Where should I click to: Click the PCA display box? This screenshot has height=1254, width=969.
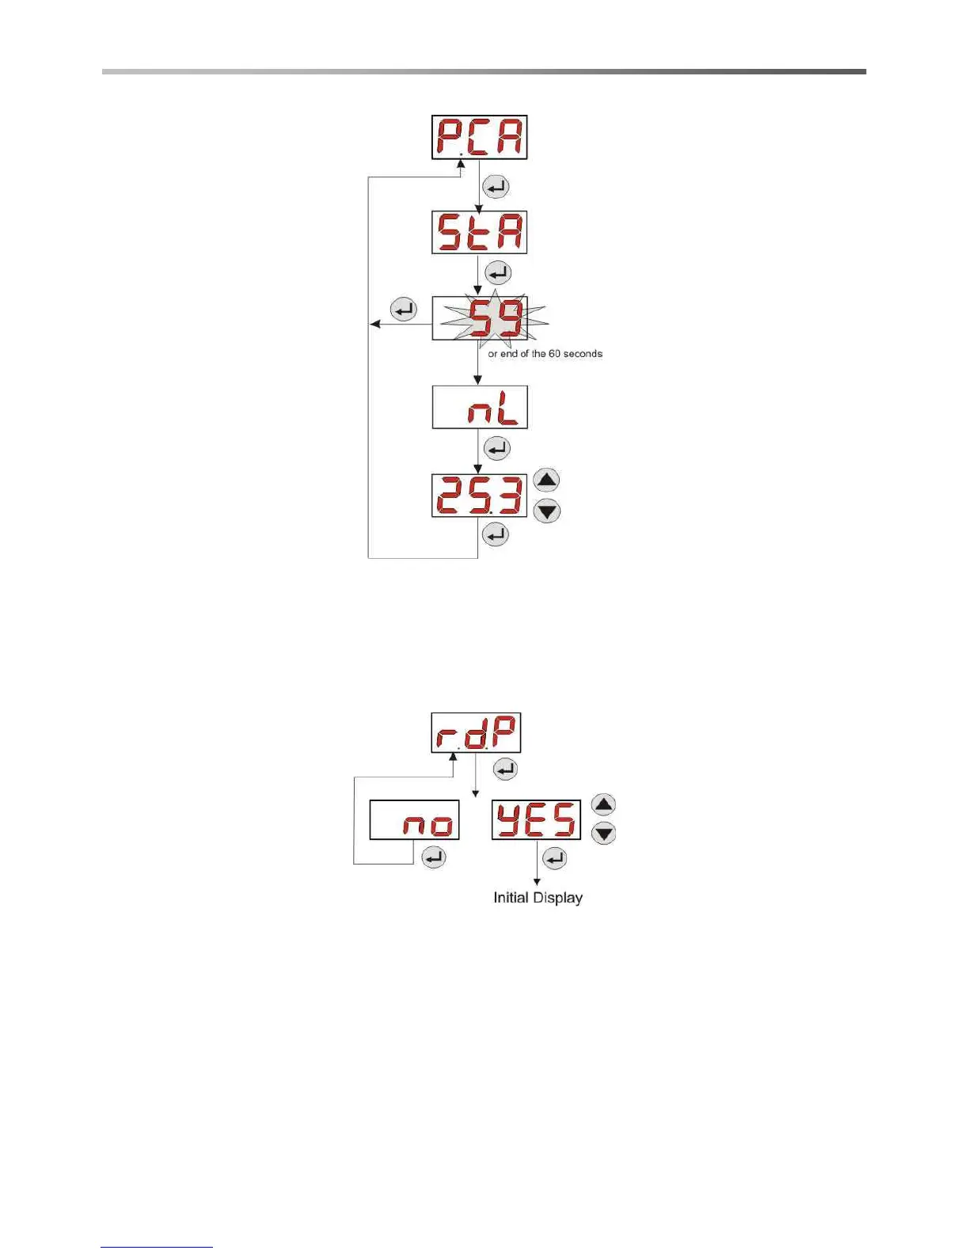pos(479,137)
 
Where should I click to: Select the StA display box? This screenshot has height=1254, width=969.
pos(479,232)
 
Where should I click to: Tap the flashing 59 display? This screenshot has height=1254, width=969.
pos(480,318)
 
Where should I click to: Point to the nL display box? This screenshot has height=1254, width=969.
pos(480,407)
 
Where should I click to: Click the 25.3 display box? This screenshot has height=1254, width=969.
pos(479,496)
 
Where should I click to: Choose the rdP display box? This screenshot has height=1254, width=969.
pos(476,732)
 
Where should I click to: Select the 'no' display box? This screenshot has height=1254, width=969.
pos(414,819)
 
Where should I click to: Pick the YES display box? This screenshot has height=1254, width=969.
pos(536,819)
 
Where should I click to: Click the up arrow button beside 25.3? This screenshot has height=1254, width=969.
pos(547,480)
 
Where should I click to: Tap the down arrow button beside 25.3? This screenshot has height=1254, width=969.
pos(547,511)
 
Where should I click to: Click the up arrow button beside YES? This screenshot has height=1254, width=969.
pos(604,805)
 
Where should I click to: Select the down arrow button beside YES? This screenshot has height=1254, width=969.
pos(604,833)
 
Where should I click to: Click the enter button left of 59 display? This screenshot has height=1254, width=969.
pos(404,309)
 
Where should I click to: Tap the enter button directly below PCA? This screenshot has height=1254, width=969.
pos(496,187)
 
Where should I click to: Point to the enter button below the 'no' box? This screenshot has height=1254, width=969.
pos(433,857)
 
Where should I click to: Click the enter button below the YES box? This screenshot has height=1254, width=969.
pos(555,857)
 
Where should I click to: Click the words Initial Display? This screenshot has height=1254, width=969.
pos(538,898)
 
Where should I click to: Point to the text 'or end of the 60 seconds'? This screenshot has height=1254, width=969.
pos(545,354)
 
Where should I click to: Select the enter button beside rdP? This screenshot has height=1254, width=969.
pos(505,769)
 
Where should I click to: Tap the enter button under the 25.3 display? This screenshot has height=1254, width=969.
pos(496,535)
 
